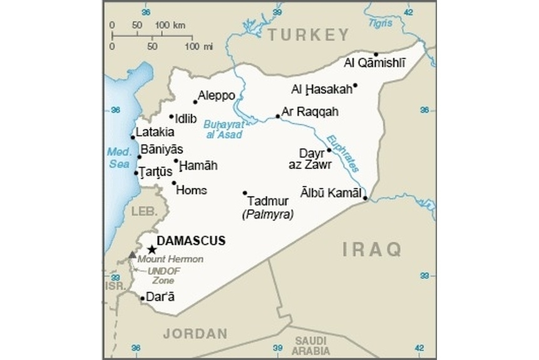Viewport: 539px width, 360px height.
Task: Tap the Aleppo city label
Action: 217,96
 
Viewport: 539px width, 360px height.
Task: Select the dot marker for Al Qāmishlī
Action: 376,54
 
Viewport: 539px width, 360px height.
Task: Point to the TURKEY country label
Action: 308,35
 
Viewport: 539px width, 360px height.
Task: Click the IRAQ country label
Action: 372,250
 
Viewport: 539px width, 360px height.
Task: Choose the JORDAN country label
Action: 195,333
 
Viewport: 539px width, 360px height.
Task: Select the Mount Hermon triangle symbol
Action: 131,255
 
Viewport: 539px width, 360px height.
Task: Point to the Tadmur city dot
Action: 245,193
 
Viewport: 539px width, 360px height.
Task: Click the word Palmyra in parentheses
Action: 267,214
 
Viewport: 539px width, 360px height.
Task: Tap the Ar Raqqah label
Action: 310,112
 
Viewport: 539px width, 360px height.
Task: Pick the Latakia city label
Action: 155,132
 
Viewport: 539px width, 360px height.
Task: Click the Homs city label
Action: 192,190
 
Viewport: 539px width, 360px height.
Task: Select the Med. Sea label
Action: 117,157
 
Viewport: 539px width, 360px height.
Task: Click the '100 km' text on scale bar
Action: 170,24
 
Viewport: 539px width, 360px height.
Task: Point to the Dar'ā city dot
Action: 142,298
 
